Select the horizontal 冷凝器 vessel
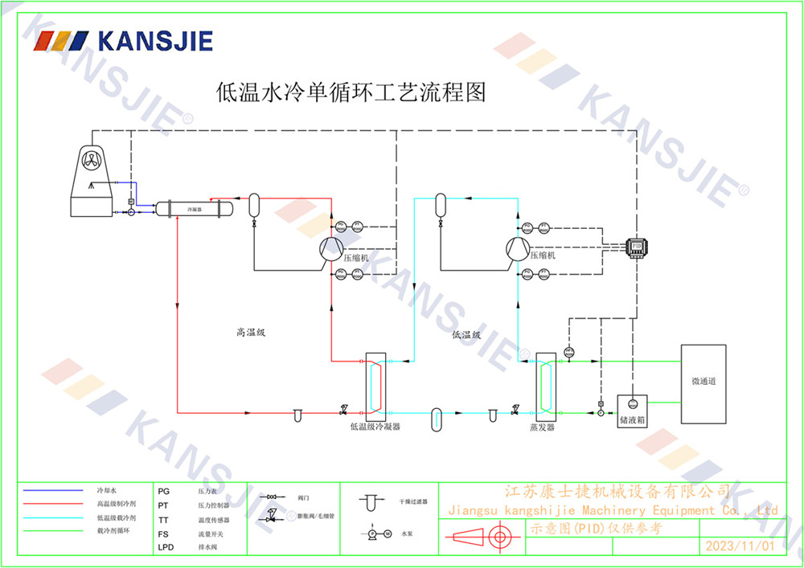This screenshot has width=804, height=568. tap(194, 208)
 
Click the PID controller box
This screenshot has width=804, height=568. tap(638, 245)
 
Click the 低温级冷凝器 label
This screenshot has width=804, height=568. tap(375, 427)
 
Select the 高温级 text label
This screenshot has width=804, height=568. tap(251, 332)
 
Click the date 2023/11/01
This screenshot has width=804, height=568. tap(739, 546)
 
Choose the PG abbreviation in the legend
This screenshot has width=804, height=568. tap(164, 489)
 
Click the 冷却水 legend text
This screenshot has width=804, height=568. tap(107, 489)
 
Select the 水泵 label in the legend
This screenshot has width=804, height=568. tap(407, 533)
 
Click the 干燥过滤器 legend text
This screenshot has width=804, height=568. tap(413, 501)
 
